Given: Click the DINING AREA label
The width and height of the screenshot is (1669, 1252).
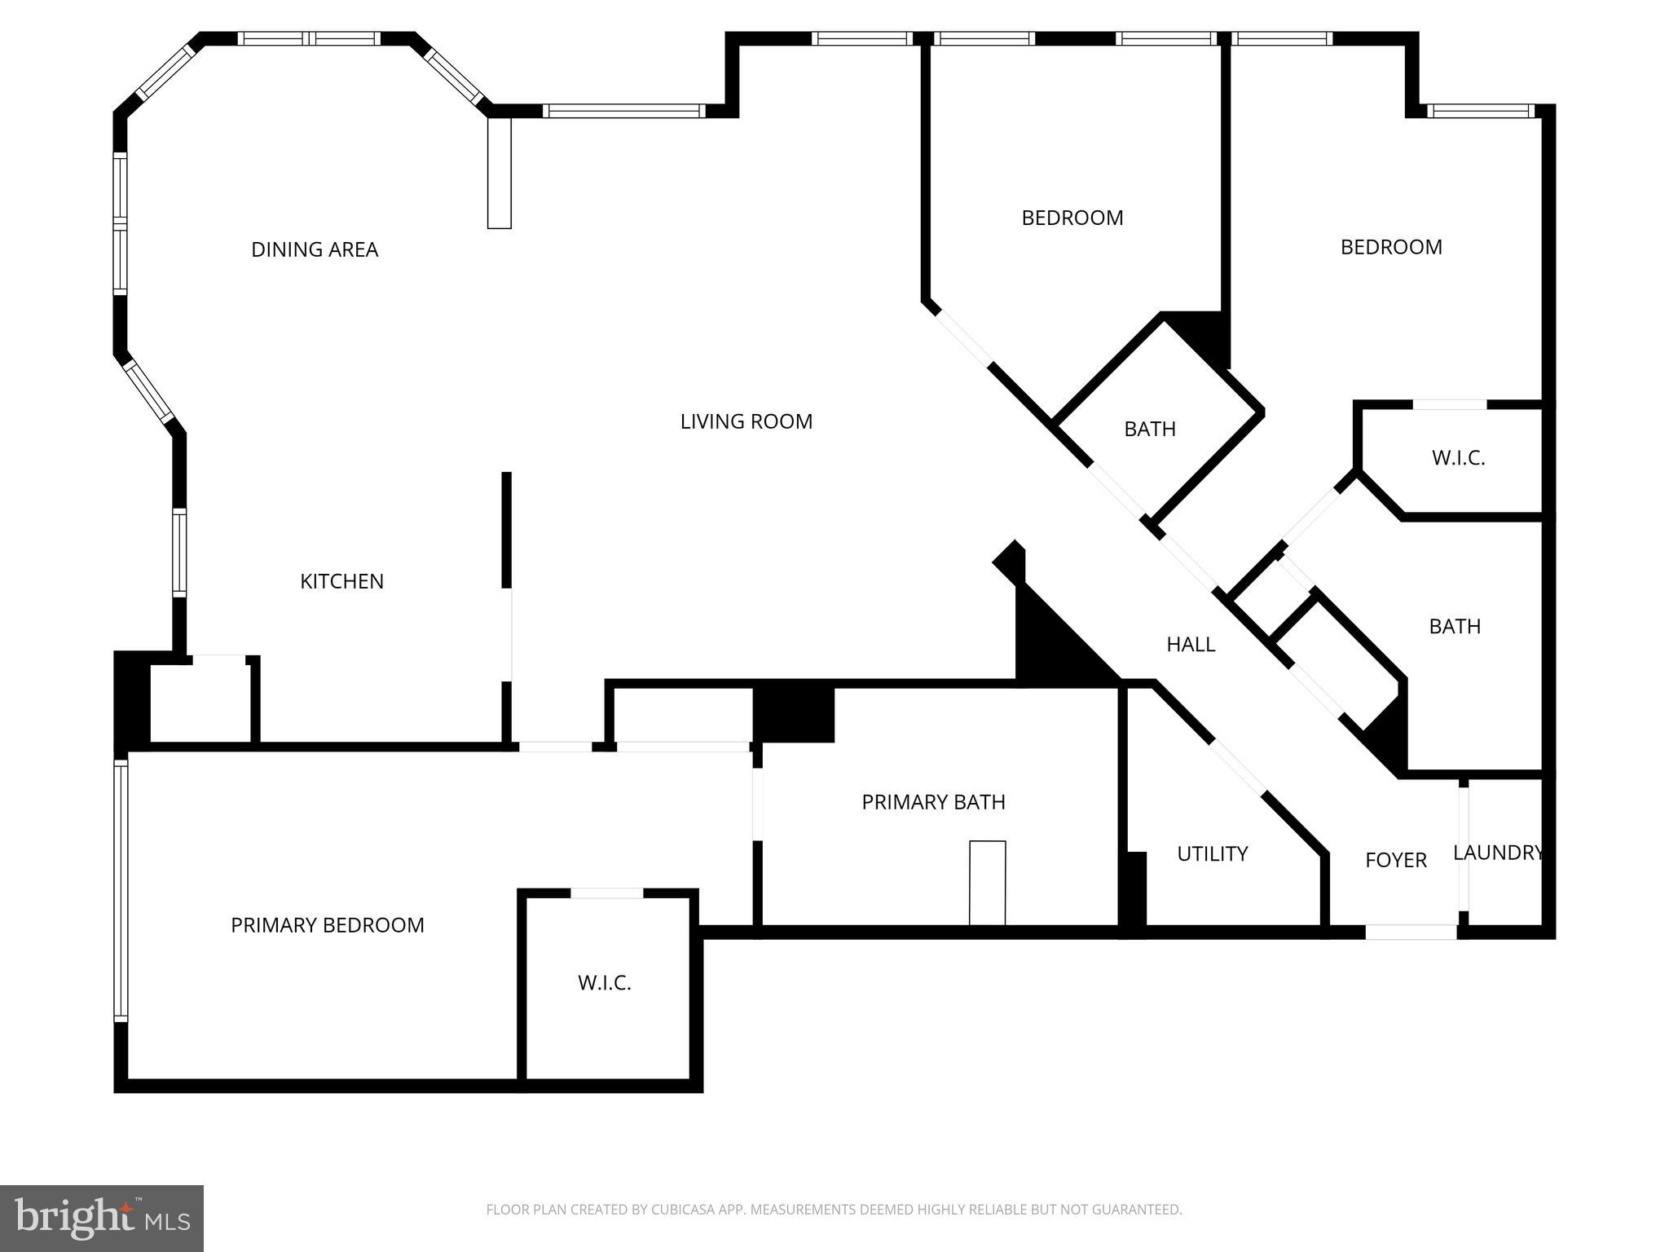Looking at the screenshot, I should click(x=315, y=249).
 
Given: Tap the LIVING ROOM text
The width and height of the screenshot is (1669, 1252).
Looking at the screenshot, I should click(x=746, y=421).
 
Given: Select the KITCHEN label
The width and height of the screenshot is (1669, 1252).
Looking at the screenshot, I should click(x=341, y=581).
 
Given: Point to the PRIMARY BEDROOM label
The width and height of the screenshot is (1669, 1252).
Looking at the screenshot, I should click(x=328, y=925).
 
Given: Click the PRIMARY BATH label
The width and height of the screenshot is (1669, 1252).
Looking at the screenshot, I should click(x=933, y=802).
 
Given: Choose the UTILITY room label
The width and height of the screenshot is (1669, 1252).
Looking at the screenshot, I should click(x=1212, y=853).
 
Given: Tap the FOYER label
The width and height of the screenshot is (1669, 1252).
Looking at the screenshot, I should click(x=1396, y=860).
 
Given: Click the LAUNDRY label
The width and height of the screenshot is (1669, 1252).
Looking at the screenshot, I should click(x=1499, y=853).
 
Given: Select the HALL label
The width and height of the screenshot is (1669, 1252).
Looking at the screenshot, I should click(x=1191, y=645).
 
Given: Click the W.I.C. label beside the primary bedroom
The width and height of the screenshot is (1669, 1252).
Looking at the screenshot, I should click(x=605, y=983).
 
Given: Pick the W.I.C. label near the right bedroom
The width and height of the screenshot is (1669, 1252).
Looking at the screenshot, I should click(x=1458, y=458).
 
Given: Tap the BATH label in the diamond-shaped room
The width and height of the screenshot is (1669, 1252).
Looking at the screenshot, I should click(x=1150, y=429).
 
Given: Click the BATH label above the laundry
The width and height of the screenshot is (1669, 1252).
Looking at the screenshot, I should click(x=1455, y=626).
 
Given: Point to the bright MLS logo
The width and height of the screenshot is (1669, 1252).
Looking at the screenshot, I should click(x=101, y=1219).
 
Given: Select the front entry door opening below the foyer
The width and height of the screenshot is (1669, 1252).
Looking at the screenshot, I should click(x=1411, y=932).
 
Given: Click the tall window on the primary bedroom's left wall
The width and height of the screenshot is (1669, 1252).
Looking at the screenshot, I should click(x=121, y=890).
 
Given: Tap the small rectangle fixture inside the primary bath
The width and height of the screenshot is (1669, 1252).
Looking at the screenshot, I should click(x=987, y=883).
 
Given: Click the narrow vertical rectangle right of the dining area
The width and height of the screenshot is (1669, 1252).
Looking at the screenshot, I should click(x=499, y=173).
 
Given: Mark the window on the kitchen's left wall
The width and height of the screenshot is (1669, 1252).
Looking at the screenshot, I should click(x=179, y=553).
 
